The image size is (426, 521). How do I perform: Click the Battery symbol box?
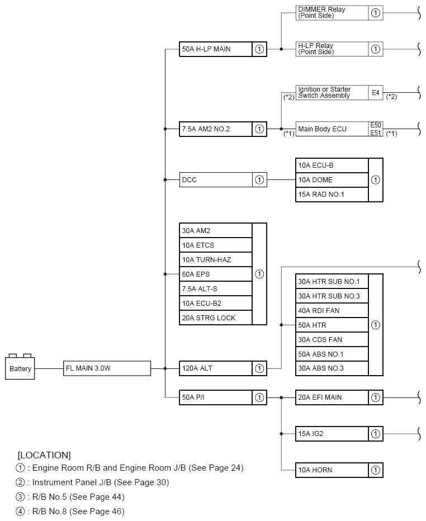click(x=21, y=368)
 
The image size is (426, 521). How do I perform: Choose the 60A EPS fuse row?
click(x=216, y=274)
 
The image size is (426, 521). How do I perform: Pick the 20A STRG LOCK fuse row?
click(x=216, y=318)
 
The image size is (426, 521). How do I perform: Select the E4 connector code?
click(x=376, y=93)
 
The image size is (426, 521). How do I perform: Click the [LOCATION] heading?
click(x=44, y=455)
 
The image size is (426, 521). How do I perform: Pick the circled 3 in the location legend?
click(x=21, y=496)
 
